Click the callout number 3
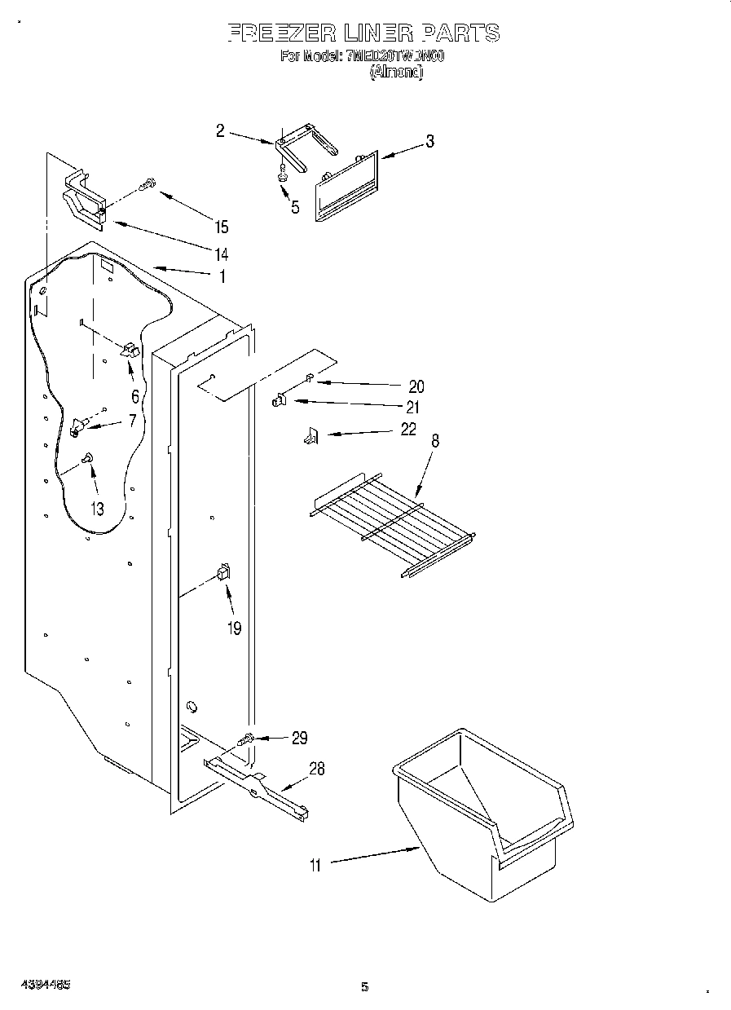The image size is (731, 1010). [429, 142]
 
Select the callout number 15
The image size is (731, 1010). [220, 227]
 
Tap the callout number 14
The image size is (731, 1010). [221, 254]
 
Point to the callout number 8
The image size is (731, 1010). [435, 441]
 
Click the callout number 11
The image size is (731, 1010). [315, 866]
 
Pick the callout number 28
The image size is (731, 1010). [317, 769]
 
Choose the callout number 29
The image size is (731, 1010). [299, 738]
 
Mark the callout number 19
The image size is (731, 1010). [235, 628]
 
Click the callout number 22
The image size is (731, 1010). [408, 429]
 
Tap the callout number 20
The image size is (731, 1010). [416, 386]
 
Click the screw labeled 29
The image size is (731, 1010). [245, 739]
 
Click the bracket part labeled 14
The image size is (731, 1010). [86, 201]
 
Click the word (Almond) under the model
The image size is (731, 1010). [396, 72]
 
